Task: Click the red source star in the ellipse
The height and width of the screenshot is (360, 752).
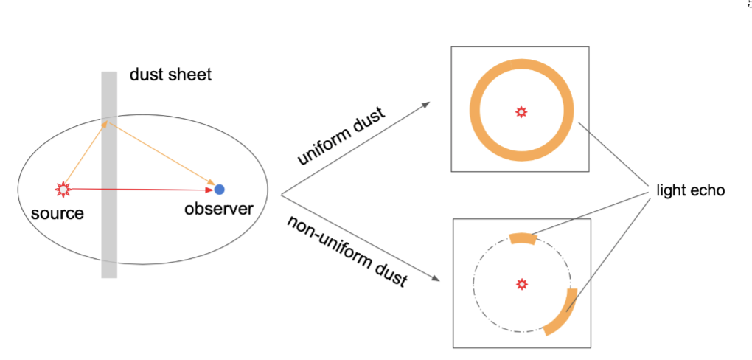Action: click(x=63, y=189)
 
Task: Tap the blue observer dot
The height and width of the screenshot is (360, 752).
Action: click(x=219, y=190)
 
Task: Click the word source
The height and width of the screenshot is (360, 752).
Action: click(x=58, y=214)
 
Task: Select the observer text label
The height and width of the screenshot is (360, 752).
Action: click(x=219, y=209)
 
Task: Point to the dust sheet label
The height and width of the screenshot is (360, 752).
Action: click(x=170, y=75)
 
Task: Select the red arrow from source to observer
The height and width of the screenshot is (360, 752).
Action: click(x=140, y=190)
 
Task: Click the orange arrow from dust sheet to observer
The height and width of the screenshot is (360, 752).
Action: click(x=162, y=153)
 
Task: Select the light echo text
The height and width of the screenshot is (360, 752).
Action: click(x=690, y=190)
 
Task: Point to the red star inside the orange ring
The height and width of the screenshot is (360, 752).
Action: click(x=521, y=111)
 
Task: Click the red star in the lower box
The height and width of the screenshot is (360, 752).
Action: click(x=522, y=284)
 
